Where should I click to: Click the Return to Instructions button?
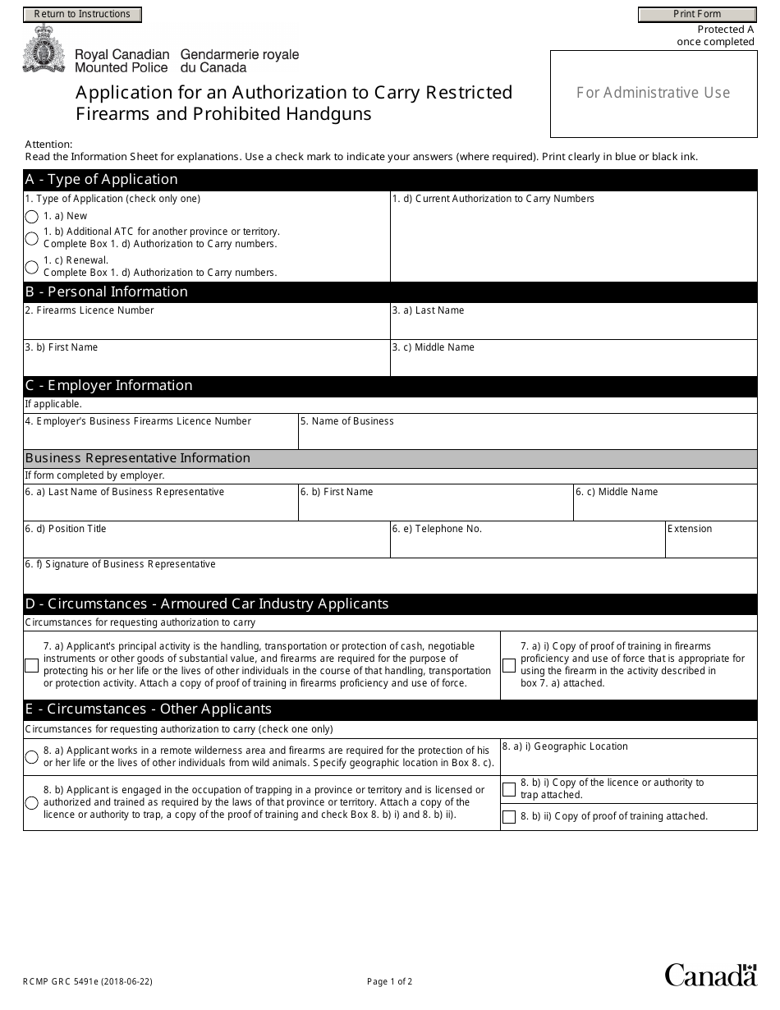[x=82, y=14]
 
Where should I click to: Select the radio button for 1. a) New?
[x=32, y=217]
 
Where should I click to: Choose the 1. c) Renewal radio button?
[x=32, y=267]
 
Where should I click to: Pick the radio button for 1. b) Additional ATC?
[x=32, y=238]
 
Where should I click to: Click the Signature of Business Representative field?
[x=390, y=581]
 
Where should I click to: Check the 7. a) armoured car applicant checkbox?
[x=31, y=665]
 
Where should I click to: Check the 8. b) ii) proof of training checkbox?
[x=509, y=817]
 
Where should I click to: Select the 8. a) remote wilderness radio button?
[x=32, y=757]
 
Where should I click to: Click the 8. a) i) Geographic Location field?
[x=628, y=763]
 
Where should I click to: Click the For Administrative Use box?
[x=653, y=94]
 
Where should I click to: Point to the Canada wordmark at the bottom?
[x=710, y=976]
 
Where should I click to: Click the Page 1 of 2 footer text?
[x=390, y=981]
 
